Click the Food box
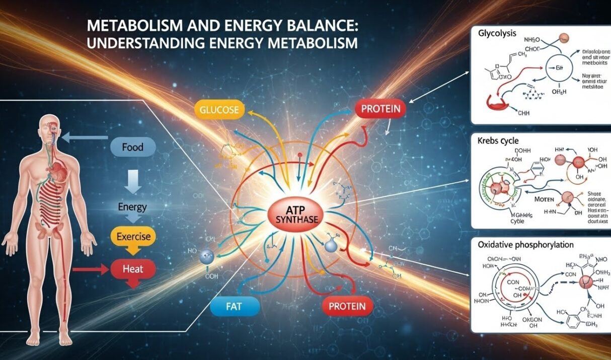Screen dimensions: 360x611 pyautogui.click(x=132, y=148)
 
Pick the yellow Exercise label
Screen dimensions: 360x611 pyautogui.click(x=133, y=236)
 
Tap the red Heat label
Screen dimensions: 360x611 pyautogui.click(x=133, y=269)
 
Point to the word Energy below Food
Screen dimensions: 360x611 pyautogui.click(x=132, y=206)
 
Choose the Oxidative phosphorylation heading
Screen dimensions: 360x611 pyautogui.click(x=525, y=244)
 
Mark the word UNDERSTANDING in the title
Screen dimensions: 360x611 pyautogui.click(x=139, y=43)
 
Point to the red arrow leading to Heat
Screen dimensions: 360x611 pyautogui.click(x=91, y=269)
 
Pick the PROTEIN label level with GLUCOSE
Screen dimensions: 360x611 pyautogui.click(x=381, y=109)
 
